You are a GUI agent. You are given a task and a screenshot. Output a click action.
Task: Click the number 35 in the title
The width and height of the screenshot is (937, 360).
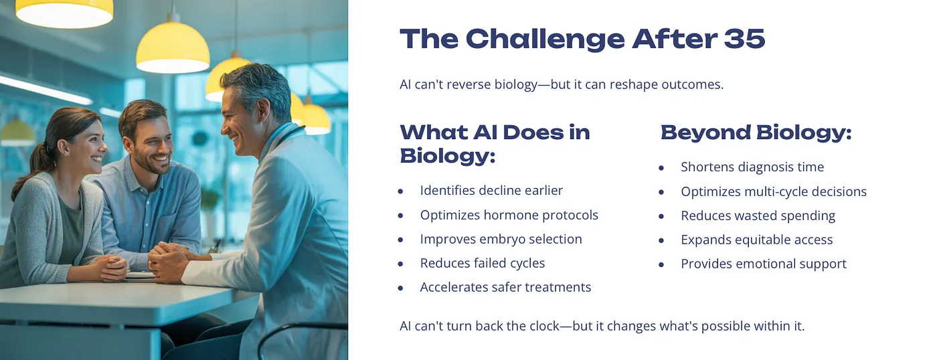coord(744,39)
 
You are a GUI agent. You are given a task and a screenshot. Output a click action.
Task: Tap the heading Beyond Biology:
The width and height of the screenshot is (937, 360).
coord(756,133)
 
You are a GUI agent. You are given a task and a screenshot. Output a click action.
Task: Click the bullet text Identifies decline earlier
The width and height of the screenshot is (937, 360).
coord(491,191)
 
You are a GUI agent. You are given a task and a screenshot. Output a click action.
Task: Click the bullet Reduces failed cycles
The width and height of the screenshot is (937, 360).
coord(483,264)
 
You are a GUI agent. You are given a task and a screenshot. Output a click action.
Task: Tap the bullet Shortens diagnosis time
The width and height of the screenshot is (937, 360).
coord(752,167)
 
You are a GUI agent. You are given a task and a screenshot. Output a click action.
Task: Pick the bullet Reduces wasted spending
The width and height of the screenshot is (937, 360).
coord(758,215)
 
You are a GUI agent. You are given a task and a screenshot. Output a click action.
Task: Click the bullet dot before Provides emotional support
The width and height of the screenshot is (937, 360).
coord(661,265)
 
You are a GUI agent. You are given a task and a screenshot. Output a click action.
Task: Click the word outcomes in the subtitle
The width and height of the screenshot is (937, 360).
coord(692,84)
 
